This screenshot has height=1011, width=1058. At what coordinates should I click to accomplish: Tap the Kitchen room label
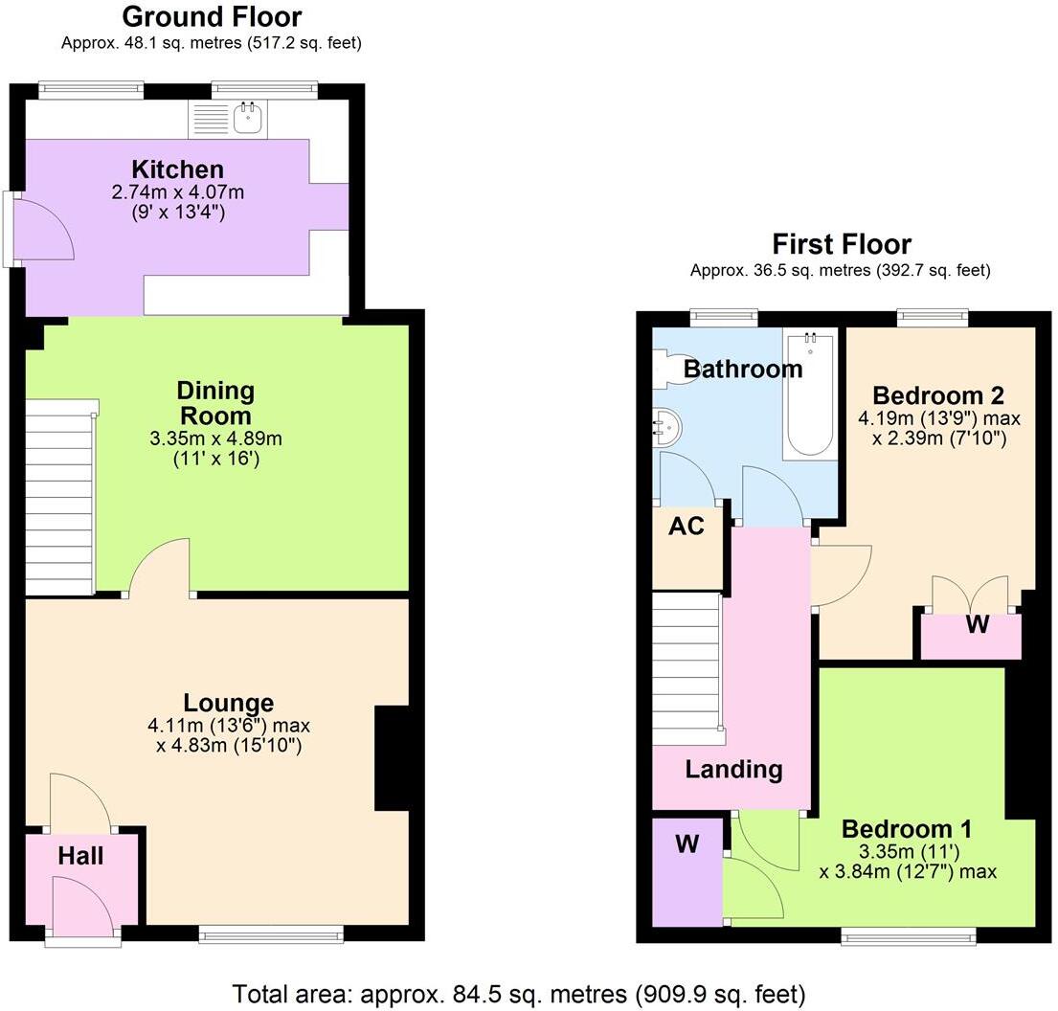click(178, 169)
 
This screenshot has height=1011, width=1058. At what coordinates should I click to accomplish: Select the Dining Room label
click(215, 403)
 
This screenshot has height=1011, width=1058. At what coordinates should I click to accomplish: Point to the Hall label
click(80, 856)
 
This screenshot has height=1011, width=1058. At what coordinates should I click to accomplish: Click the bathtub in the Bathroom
click(810, 394)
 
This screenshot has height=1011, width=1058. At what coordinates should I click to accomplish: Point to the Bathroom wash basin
click(666, 426)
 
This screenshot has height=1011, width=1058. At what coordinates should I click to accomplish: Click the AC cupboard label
click(687, 526)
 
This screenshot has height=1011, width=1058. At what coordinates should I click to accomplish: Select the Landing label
click(733, 769)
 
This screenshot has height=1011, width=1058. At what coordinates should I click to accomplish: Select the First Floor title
click(842, 244)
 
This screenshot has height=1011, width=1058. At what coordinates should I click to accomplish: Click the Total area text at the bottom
click(520, 992)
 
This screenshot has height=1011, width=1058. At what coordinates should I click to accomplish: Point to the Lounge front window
click(271, 934)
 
